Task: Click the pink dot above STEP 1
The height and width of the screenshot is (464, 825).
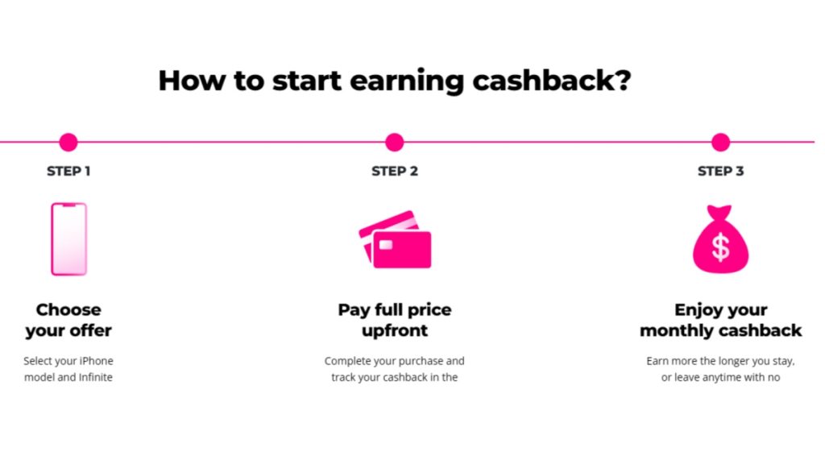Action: [x=68, y=142]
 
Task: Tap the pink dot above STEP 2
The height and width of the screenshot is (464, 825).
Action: [x=394, y=142]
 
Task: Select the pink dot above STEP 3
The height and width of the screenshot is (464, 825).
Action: [x=720, y=142]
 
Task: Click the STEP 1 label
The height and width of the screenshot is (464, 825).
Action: [x=68, y=171]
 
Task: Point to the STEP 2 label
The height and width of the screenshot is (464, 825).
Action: [x=395, y=171]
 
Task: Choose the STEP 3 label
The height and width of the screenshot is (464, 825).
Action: [x=721, y=171]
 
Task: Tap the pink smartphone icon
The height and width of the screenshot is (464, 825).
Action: [x=69, y=238]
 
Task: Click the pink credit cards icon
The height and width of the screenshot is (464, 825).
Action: [x=395, y=239]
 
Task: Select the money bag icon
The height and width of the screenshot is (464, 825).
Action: [x=720, y=238]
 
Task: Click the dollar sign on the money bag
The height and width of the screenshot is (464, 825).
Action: [x=720, y=246]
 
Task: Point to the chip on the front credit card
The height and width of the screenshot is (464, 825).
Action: [x=386, y=245]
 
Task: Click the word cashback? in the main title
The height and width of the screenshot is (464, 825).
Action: [x=551, y=81]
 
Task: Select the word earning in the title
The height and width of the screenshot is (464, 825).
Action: [x=407, y=81]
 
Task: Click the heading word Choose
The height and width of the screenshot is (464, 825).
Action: [x=68, y=309]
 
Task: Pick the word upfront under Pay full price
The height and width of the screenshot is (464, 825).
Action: [x=395, y=331]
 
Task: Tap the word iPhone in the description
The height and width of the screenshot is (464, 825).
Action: [x=97, y=361]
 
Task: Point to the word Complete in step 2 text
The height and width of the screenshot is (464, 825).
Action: [x=346, y=362]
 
